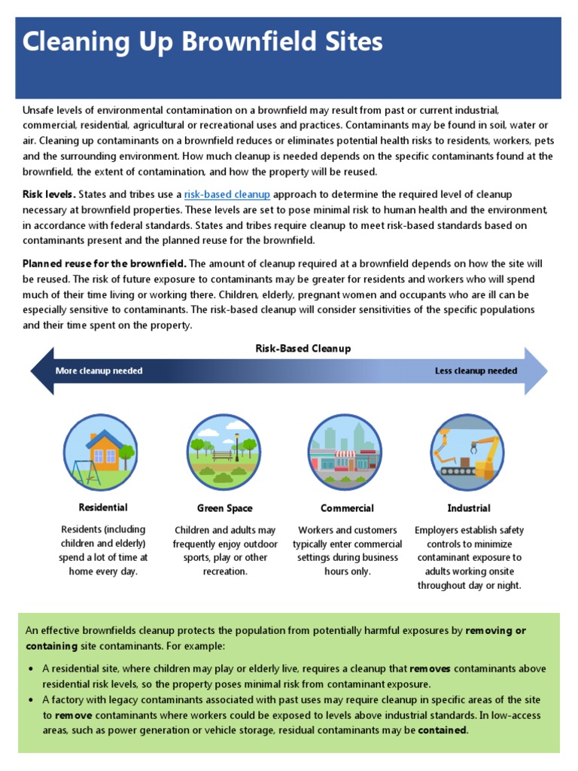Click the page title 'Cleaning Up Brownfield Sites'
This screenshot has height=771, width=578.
point(202,42)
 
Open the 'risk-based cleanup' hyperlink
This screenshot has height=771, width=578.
point(227,194)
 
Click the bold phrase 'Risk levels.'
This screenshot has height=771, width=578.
point(49,194)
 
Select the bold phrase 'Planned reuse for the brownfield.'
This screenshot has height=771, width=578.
point(105,264)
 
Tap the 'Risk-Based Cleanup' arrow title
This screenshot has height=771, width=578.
point(303,349)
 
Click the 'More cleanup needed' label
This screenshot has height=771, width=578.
point(99,370)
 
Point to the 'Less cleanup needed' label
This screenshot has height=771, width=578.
point(476,370)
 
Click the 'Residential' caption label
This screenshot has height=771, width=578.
point(103,507)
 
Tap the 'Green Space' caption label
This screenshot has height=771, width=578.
point(224,508)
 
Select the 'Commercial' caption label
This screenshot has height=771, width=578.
point(347,508)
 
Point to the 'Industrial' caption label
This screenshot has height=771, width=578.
point(468,508)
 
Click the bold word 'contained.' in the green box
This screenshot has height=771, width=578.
point(443,730)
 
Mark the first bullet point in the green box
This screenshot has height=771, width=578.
point(30,669)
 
